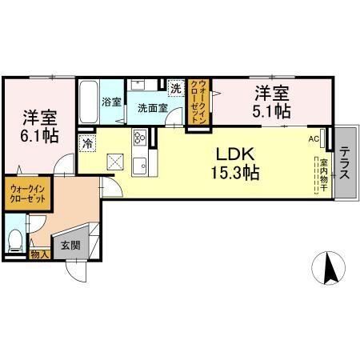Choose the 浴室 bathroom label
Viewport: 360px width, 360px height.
[x=112, y=102]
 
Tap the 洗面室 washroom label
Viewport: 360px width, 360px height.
[x=150, y=106]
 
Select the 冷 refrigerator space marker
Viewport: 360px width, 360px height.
[x=86, y=144]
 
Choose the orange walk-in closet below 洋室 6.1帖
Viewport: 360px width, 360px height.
[x=30, y=195]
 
